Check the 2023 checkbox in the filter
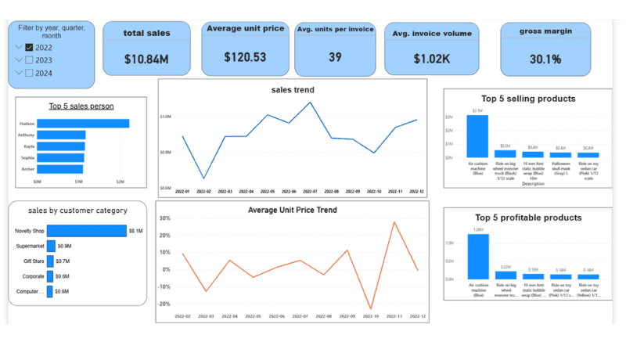(x=29, y=60)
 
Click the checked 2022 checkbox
(x=29, y=47)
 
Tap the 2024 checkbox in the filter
(x=29, y=74)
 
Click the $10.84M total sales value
(x=146, y=59)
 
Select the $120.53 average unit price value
(x=245, y=57)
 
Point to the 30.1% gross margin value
(x=545, y=59)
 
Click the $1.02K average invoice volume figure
(x=432, y=58)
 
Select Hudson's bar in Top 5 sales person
(x=83, y=123)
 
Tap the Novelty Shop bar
(x=86, y=231)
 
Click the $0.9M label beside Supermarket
(x=64, y=246)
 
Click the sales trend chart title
(x=293, y=90)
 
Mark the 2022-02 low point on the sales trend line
(x=203, y=178)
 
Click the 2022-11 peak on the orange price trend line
(x=394, y=222)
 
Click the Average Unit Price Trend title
(x=293, y=210)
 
